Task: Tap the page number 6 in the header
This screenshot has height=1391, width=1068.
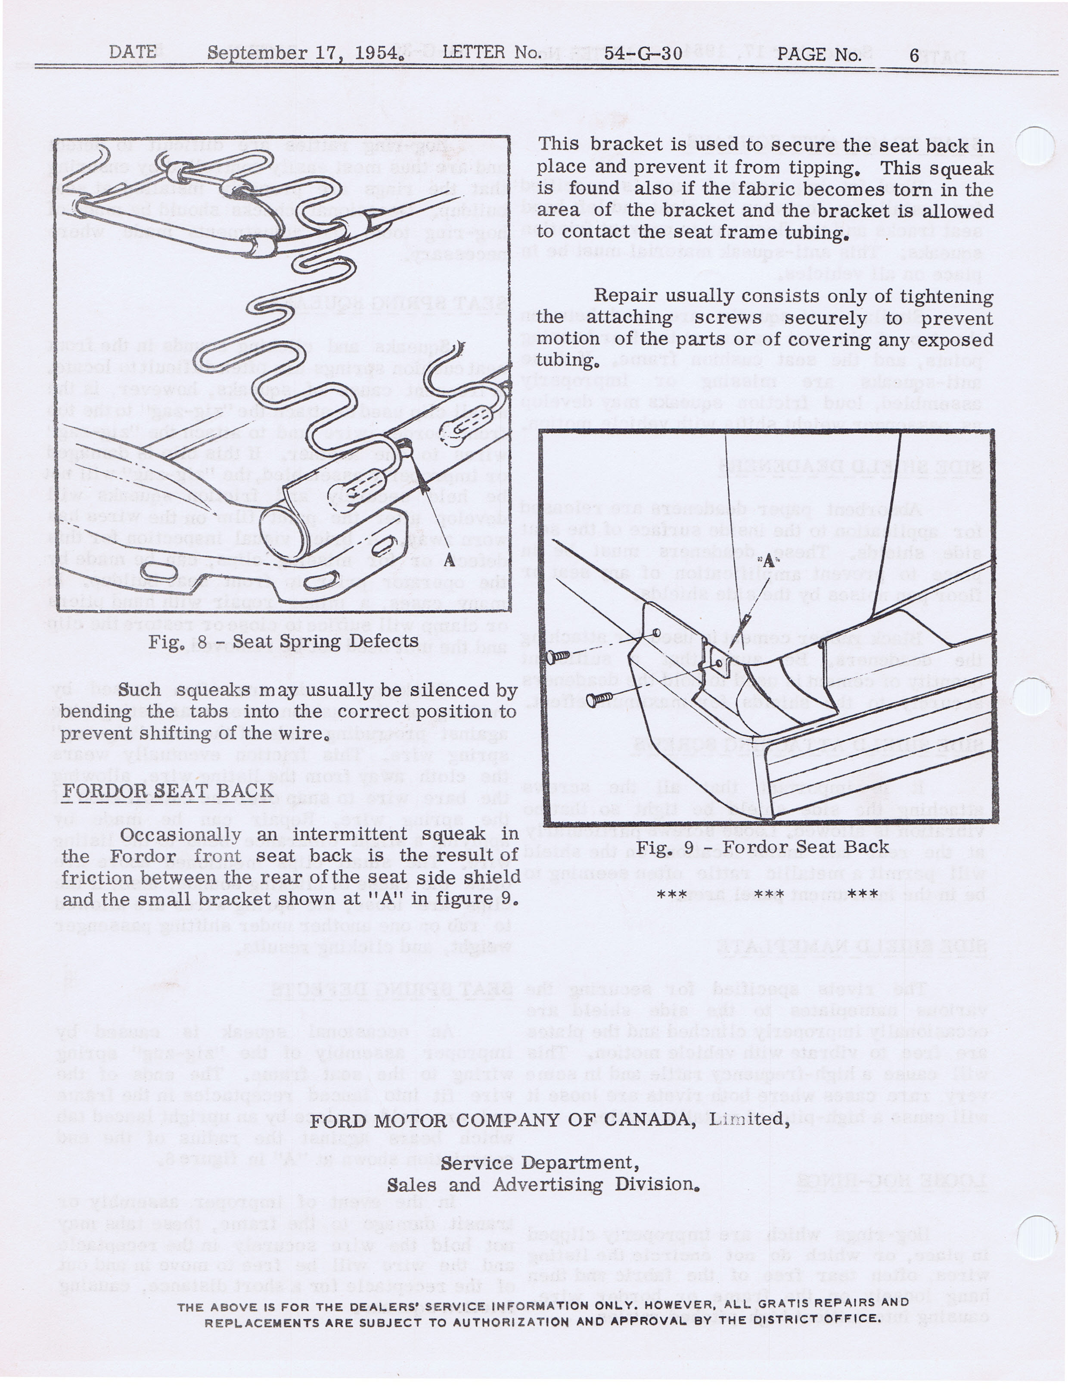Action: click(x=914, y=55)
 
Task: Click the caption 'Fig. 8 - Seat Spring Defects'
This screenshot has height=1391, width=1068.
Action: click(x=283, y=641)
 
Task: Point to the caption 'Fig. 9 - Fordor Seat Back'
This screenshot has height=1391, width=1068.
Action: click(x=762, y=847)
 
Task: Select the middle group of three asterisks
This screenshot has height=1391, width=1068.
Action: click(x=769, y=894)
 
